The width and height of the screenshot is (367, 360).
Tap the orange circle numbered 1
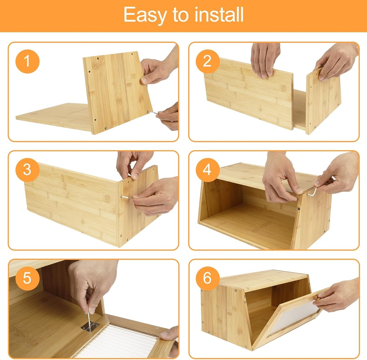[x=27, y=61]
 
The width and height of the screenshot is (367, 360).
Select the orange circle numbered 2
[x=207, y=61]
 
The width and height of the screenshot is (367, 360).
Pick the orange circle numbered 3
[x=27, y=170]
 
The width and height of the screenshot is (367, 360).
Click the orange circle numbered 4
[x=207, y=170]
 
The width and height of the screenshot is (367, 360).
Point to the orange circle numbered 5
[x=27, y=278]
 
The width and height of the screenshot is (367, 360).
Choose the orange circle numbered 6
[x=207, y=278]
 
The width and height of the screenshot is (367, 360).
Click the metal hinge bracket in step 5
[x=90, y=326]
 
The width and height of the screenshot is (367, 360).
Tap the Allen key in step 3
[x=126, y=196]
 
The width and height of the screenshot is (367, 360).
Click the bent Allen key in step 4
[x=312, y=193]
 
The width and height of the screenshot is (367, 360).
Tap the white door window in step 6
[x=292, y=317]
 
